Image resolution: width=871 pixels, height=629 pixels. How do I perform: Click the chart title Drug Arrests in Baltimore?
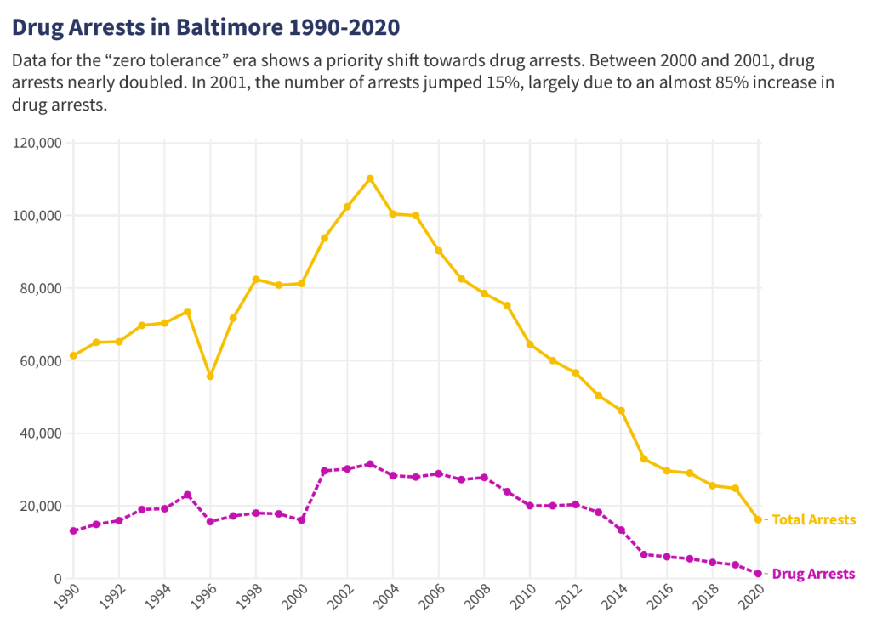pyautogui.click(x=205, y=27)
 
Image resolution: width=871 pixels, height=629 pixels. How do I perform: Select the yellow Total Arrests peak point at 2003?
pyautogui.click(x=370, y=178)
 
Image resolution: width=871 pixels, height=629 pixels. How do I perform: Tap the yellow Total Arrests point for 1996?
pyautogui.click(x=210, y=376)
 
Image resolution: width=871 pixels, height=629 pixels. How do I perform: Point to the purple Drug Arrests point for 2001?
pyautogui.click(x=324, y=471)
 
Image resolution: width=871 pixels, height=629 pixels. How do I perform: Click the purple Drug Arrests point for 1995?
pyautogui.click(x=187, y=495)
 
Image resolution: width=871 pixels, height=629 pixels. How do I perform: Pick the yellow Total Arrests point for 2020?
pyautogui.click(x=758, y=519)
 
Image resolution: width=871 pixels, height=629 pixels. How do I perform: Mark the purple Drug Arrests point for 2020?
pyautogui.click(x=758, y=574)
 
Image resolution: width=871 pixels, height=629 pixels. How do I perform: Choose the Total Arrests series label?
pyautogui.click(x=813, y=519)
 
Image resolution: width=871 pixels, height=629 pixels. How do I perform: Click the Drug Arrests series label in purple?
pyautogui.click(x=813, y=574)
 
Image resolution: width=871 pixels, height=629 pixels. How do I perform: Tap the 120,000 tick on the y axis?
pyautogui.click(x=37, y=143)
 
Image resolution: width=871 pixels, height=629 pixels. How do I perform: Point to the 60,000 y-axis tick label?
pyautogui.click(x=40, y=360)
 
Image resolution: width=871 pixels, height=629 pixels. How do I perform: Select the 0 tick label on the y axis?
pyautogui.click(x=57, y=579)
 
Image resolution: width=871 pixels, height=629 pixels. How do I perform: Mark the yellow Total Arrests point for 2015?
pyautogui.click(x=644, y=459)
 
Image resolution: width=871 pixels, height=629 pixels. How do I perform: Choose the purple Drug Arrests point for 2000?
pyautogui.click(x=301, y=519)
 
